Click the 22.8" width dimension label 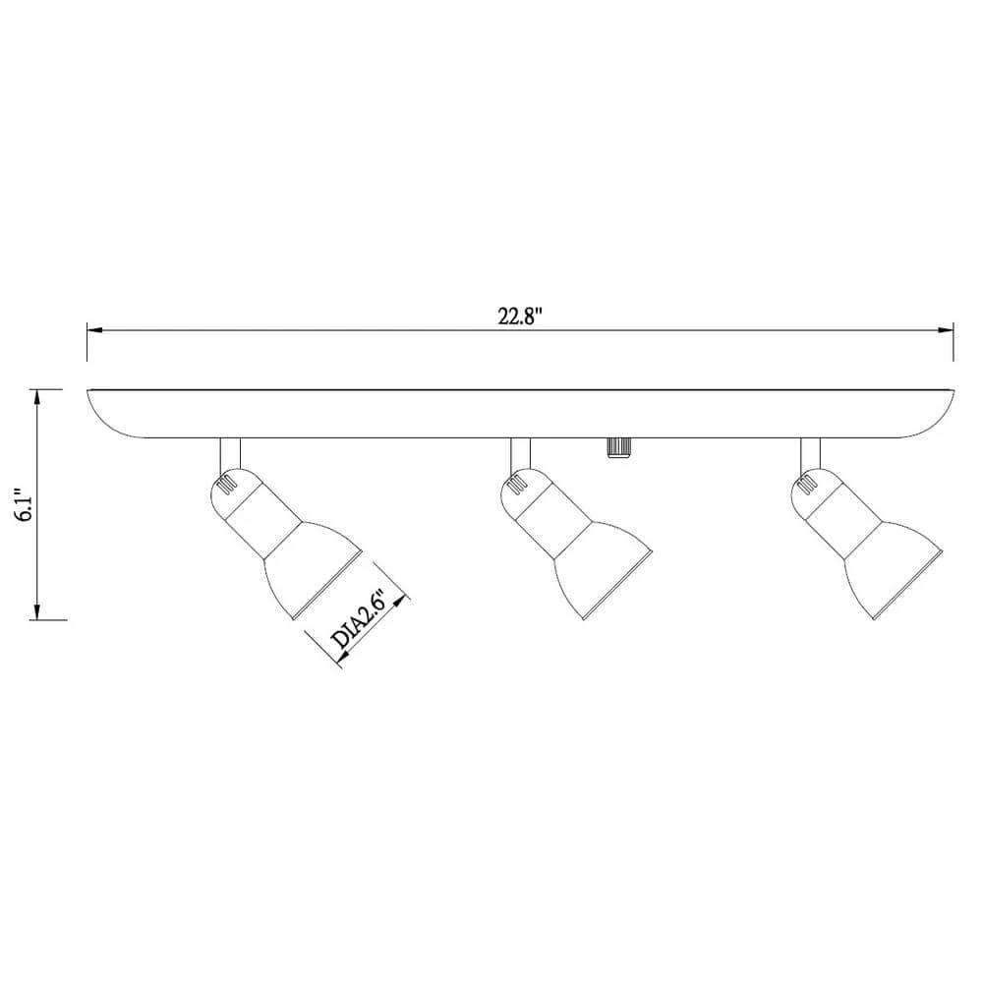tap(520, 317)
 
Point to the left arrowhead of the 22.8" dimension tap(92, 330)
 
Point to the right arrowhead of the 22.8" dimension tap(950, 330)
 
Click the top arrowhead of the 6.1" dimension tap(37, 395)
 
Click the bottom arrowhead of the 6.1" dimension tap(37, 614)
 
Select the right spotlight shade tap(889, 574)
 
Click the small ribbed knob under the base tap(617, 447)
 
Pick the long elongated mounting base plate tap(521, 413)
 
